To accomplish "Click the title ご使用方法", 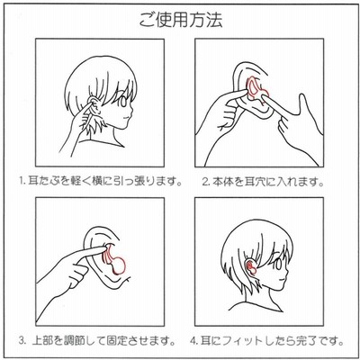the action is click(x=181, y=20).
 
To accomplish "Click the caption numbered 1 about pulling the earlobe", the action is click(x=101, y=181).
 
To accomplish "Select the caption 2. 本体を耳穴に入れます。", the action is click(x=263, y=182).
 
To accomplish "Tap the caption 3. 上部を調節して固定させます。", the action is click(x=97, y=341).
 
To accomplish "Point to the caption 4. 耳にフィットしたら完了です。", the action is click(x=266, y=341).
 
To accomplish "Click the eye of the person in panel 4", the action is click(x=278, y=264).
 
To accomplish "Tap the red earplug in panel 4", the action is click(x=251, y=267).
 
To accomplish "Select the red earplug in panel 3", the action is click(x=114, y=260).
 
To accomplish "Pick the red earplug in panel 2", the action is click(x=256, y=88).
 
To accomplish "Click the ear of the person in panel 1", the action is click(x=94, y=105).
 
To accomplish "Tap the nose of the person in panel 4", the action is click(x=287, y=274).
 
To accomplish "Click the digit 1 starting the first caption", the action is click(x=22, y=182).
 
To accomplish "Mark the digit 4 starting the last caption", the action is click(x=193, y=341).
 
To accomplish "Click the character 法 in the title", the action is click(x=213, y=20).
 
